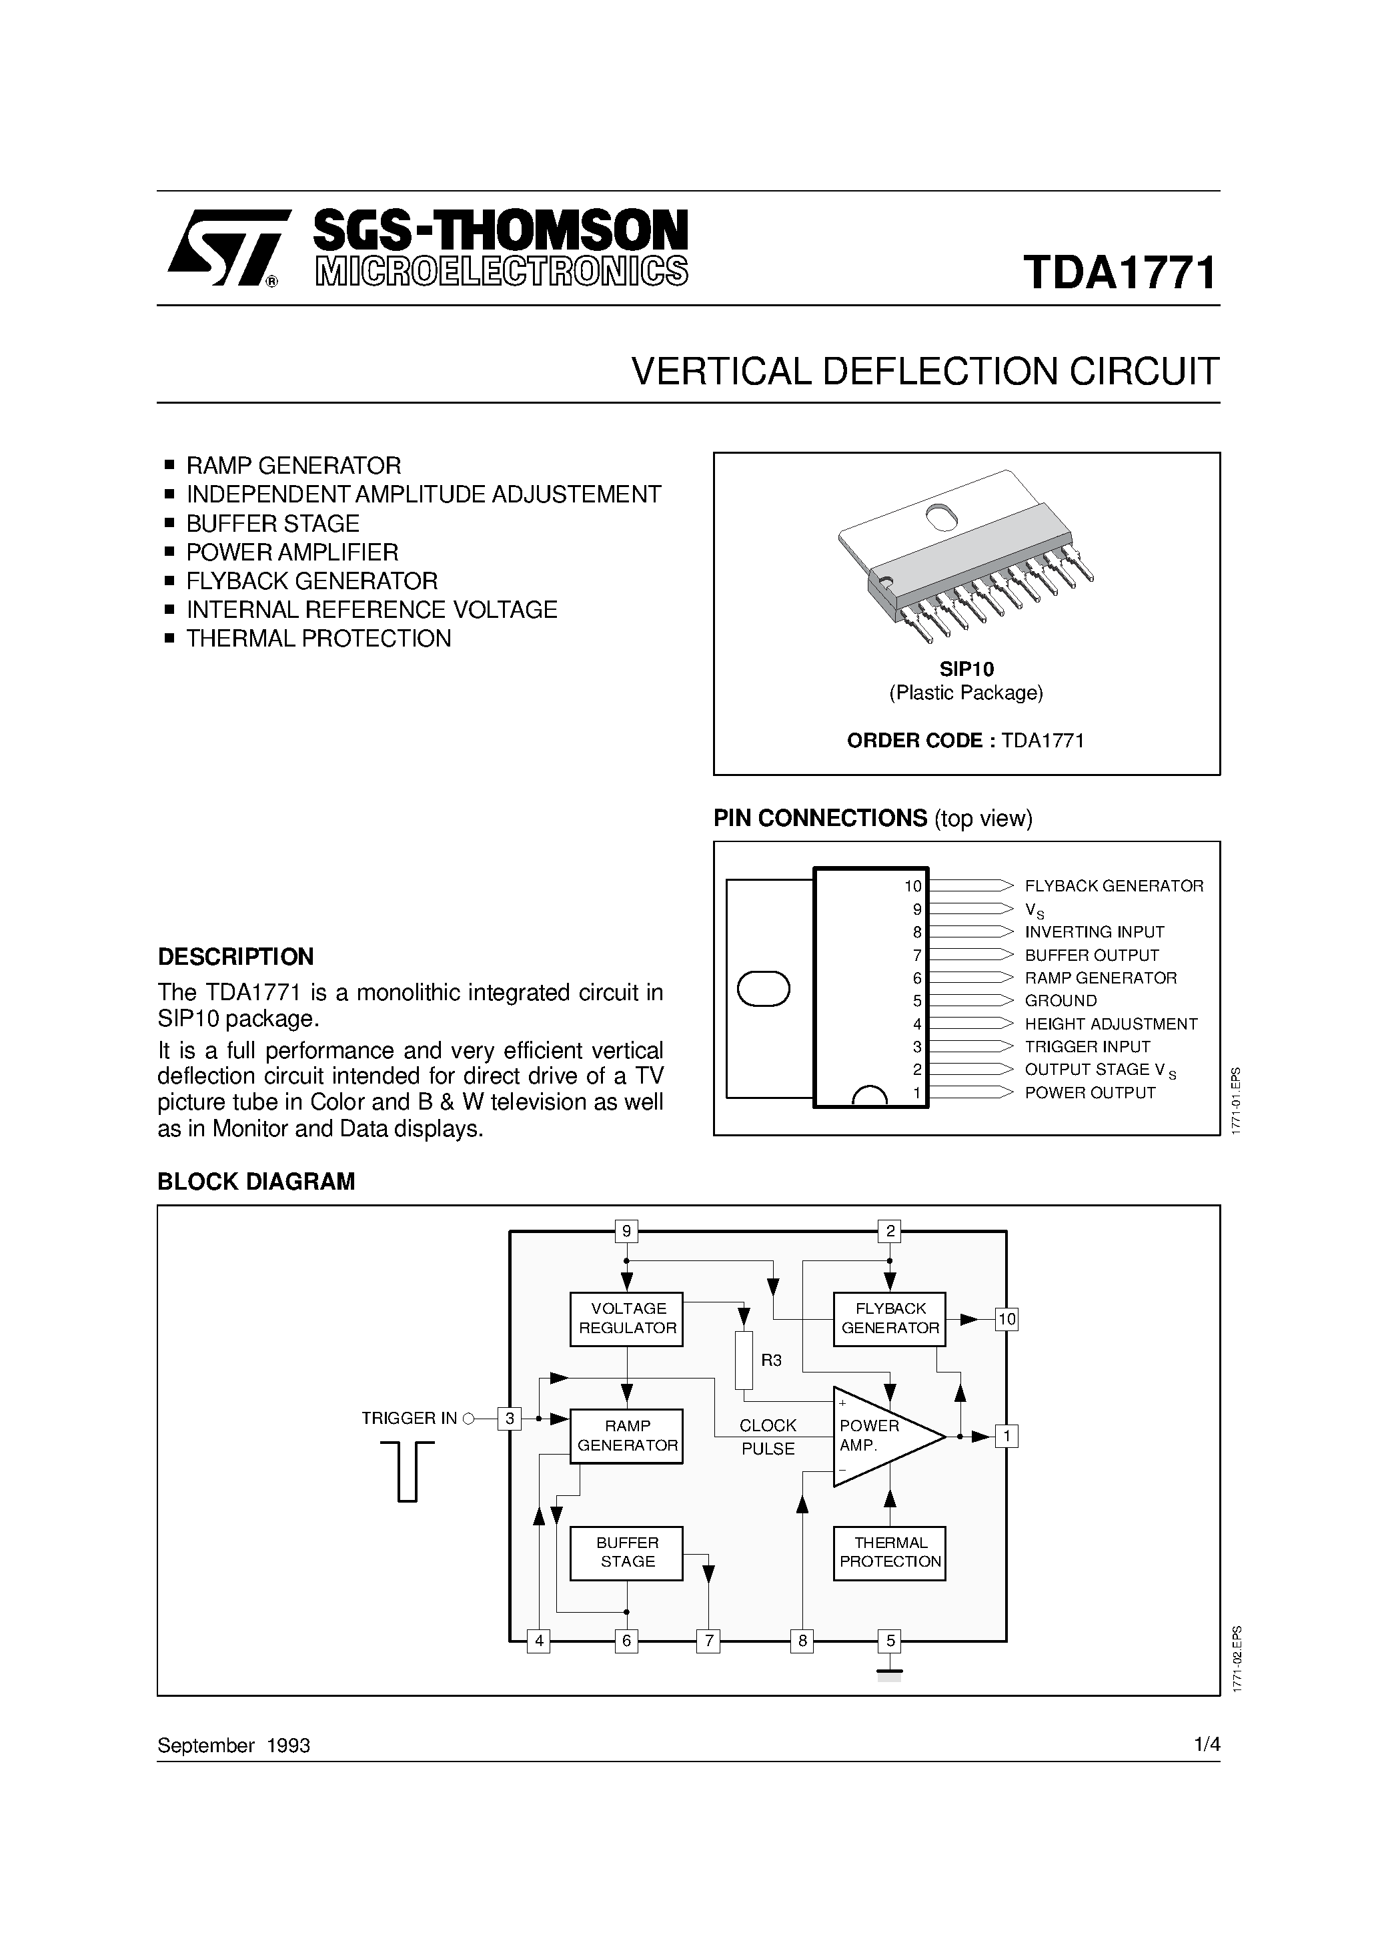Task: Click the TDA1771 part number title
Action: pos(1120,273)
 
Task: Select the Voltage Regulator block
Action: pos(627,1319)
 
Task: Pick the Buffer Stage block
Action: pos(627,1553)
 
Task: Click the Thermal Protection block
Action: pos(890,1553)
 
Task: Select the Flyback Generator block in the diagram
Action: pos(890,1319)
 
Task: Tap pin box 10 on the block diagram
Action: pos(1006,1320)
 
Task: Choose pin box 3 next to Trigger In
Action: pos(510,1419)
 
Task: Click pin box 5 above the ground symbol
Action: pos(890,1641)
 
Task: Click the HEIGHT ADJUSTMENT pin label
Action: pos(1111,1025)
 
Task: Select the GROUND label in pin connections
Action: pos(1061,1001)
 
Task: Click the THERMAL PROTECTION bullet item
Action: pos(319,639)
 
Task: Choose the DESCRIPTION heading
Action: pos(236,957)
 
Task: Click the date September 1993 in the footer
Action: pos(233,1745)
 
